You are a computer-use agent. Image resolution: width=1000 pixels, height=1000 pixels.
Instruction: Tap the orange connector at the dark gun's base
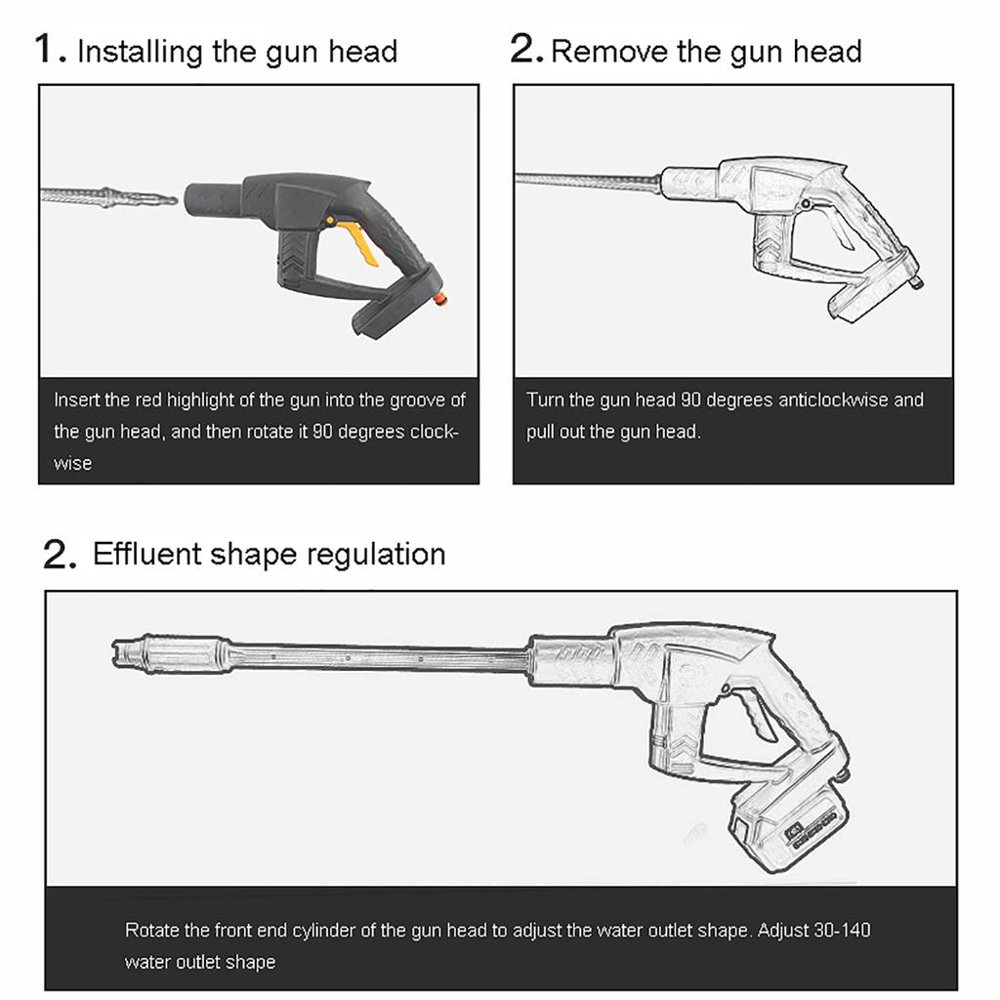440,298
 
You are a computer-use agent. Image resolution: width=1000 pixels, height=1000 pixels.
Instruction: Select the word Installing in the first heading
140,53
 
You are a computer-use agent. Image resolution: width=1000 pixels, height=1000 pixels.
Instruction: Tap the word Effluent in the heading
146,554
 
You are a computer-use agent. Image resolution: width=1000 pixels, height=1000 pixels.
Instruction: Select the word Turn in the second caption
545,399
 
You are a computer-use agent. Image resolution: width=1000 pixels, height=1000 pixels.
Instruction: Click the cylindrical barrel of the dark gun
213,199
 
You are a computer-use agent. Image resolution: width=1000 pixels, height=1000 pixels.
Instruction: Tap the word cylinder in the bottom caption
325,931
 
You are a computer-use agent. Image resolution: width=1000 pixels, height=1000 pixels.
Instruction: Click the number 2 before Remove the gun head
526,49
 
